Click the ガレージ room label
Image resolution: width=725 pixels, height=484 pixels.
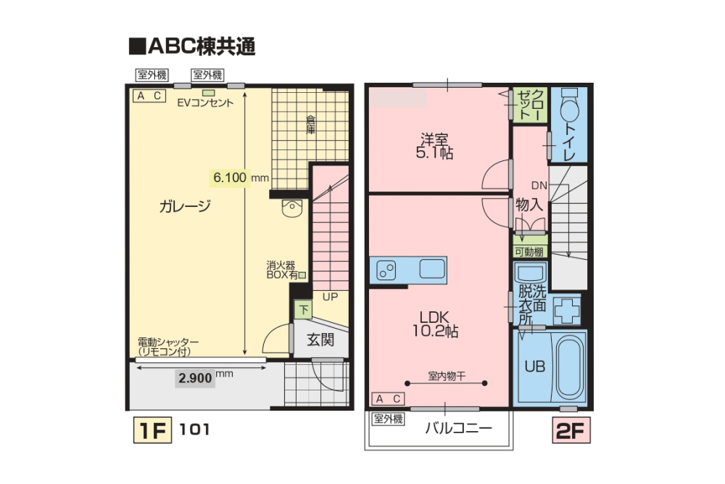tap(185, 206)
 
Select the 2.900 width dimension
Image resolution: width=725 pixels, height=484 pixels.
tap(195, 378)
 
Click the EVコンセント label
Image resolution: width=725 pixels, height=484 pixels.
tap(206, 103)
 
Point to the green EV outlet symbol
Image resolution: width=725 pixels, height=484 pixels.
tap(208, 93)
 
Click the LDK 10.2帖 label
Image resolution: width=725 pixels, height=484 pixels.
tap(439, 324)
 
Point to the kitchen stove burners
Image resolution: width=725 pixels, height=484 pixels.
tap(387, 270)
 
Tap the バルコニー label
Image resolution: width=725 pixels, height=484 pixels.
tap(458, 428)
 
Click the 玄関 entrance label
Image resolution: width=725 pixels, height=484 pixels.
tap(319, 340)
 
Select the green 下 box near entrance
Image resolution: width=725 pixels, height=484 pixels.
tap(304, 310)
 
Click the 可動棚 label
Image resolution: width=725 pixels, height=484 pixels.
tap(530, 252)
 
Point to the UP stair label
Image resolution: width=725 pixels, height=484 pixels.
tap(330, 297)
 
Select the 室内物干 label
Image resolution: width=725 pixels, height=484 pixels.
tap(446, 376)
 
